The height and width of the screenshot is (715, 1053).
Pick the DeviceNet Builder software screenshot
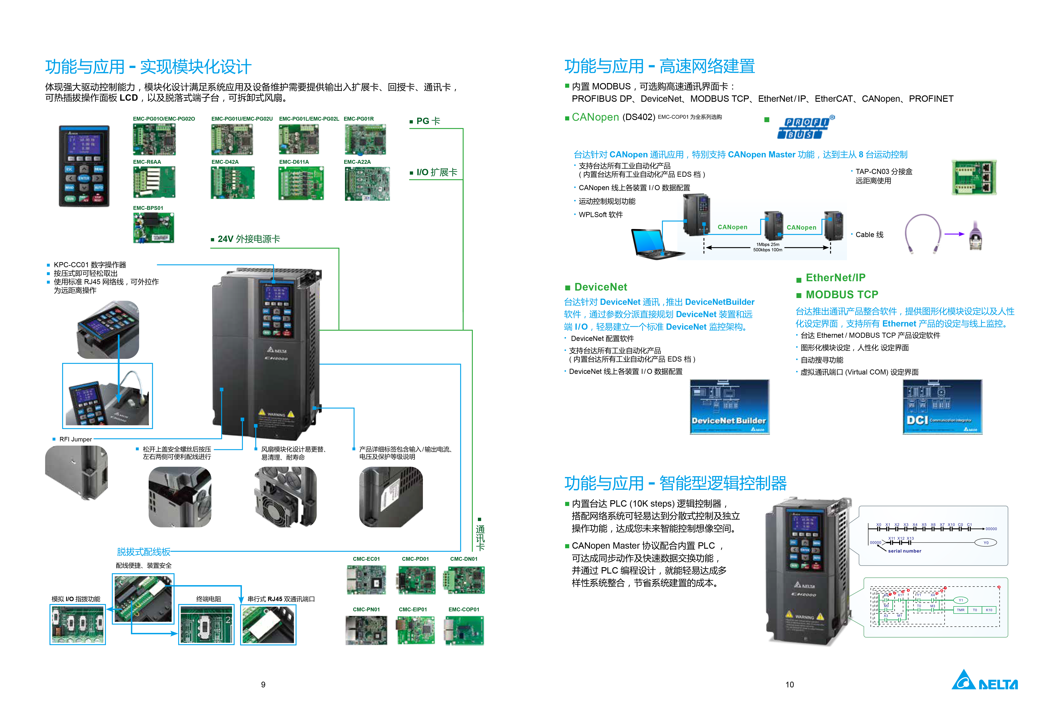point(729,407)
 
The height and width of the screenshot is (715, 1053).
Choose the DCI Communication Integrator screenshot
point(942,407)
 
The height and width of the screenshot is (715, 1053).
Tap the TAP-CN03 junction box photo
point(974,177)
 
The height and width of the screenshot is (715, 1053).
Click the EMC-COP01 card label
point(463,609)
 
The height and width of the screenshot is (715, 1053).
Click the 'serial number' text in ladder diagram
point(904,551)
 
